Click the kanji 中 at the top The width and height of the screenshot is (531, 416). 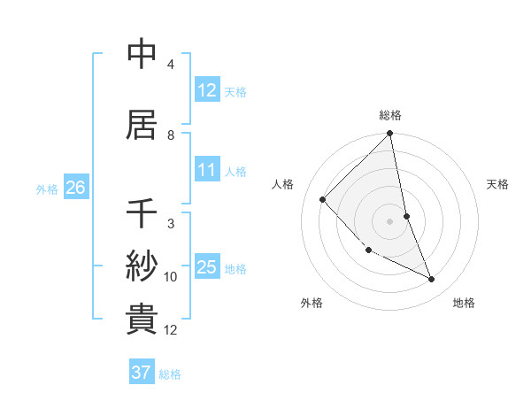tap(142, 55)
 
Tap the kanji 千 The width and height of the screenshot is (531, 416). tap(142, 214)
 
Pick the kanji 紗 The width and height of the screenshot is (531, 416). tap(142, 265)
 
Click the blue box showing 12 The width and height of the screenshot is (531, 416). tap(207, 89)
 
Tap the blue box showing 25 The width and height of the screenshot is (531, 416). tap(207, 267)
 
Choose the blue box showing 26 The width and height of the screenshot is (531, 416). tap(75, 187)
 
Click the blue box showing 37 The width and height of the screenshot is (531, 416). tap(142, 373)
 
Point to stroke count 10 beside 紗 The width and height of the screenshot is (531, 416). tap(171, 276)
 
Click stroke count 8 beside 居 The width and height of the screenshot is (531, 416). tap(171, 135)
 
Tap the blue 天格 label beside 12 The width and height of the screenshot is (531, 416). tap(235, 91)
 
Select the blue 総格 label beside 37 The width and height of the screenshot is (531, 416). tap(170, 374)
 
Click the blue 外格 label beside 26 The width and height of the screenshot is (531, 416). tap(47, 189)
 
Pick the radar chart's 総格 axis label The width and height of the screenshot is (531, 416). tap(390, 115)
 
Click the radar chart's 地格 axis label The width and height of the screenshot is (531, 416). tap(464, 303)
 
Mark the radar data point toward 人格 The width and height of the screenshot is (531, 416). tap(323, 199)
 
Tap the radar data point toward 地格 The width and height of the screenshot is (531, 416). tap(432, 279)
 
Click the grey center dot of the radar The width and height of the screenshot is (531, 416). tap(390, 220)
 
